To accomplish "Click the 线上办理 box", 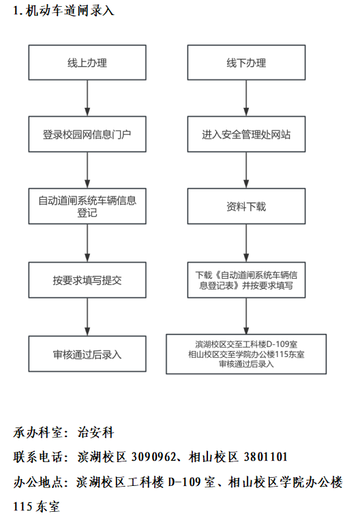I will pyautogui.click(x=87, y=63).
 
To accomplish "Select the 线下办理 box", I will pyautogui.click(x=247, y=63).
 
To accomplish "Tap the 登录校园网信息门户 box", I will pyautogui.click(x=87, y=135).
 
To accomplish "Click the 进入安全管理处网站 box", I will pyautogui.click(x=247, y=135).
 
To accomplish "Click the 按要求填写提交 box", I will pyautogui.click(x=87, y=280).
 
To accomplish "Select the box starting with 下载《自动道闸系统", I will pyautogui.click(x=247, y=280).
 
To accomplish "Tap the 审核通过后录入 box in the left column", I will pyautogui.click(x=87, y=354).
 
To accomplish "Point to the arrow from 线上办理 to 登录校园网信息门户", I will pyautogui.click(x=87, y=99).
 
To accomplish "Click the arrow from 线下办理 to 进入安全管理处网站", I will pyautogui.click(x=247, y=99).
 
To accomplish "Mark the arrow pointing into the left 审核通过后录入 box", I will pyautogui.click(x=87, y=317).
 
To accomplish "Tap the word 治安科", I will pyautogui.click(x=96, y=432).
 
